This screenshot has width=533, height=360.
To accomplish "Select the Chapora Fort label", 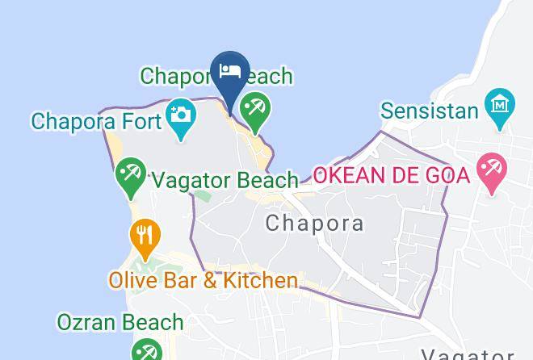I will (x=95, y=121).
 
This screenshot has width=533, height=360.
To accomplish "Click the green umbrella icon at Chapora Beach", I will (x=255, y=110).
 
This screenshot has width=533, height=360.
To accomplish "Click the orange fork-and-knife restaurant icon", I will (x=145, y=237).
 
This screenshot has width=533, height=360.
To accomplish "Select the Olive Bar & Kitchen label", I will (x=204, y=281).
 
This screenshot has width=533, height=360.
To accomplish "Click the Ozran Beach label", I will (x=120, y=322).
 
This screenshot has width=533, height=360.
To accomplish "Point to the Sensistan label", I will (x=430, y=110).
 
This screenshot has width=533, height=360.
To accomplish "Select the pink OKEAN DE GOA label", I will (x=391, y=174).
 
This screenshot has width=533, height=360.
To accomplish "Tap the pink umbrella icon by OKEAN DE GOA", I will (x=491, y=170).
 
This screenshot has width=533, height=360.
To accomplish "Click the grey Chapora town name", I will (x=314, y=223).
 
